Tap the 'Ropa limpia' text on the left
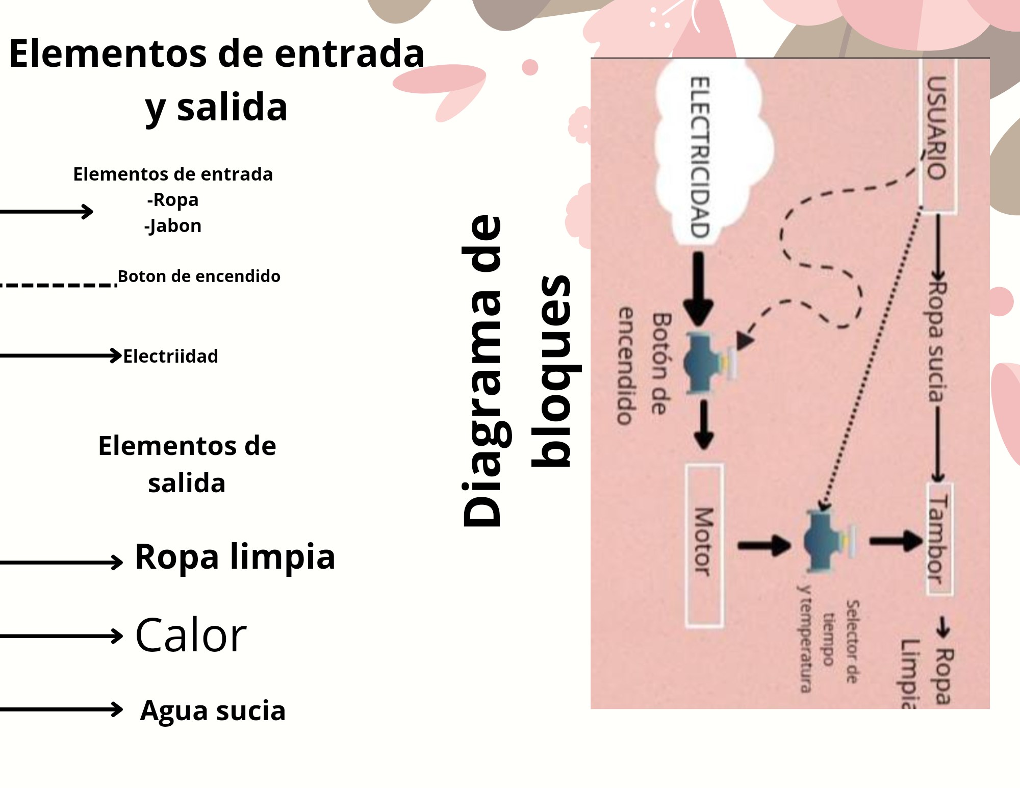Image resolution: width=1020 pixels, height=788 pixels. [235, 556]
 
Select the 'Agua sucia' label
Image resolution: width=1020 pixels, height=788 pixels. [213, 710]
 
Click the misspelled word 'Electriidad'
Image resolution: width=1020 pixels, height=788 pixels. [170, 356]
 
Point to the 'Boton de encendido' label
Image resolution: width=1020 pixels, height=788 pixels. [199, 276]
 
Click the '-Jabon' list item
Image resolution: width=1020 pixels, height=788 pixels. [173, 225]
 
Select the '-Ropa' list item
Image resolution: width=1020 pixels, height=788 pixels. [173, 199]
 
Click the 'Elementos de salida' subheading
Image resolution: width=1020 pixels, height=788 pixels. [187, 464]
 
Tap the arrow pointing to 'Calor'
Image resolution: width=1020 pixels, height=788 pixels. [61, 636]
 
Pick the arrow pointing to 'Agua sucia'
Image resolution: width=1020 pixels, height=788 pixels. [61, 709]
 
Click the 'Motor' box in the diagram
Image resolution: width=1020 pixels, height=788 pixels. [704, 545]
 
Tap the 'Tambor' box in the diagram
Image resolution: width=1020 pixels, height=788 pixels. [938, 539]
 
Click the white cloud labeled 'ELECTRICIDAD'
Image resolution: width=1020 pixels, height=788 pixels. [711, 153]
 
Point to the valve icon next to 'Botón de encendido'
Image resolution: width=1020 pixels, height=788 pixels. [706, 363]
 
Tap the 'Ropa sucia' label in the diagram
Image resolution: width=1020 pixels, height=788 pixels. [936, 342]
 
